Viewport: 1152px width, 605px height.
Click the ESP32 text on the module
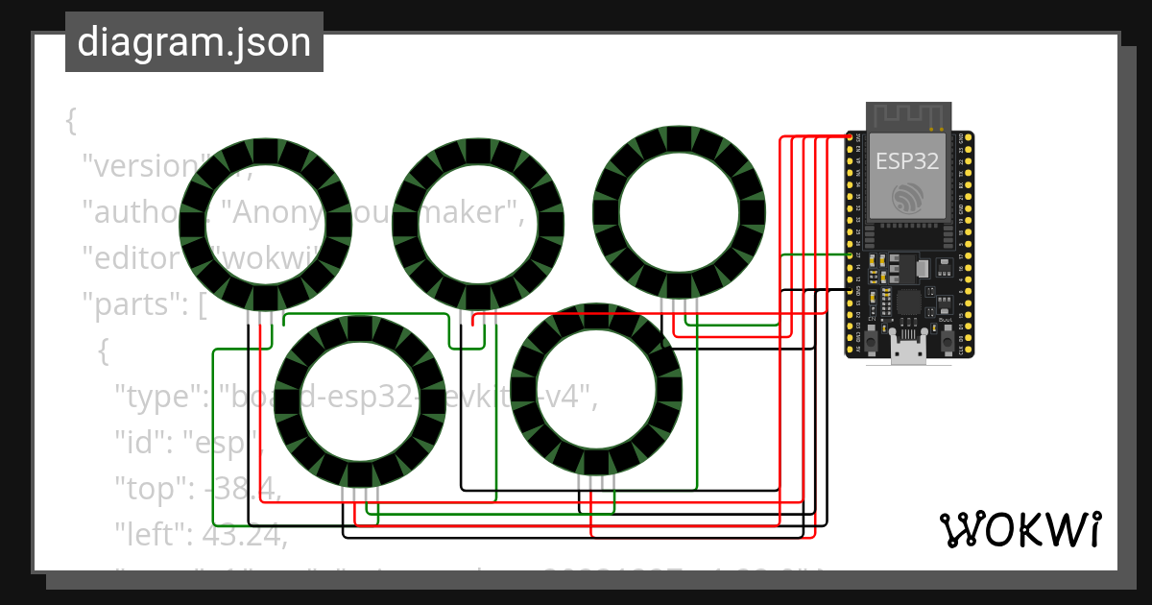point(906,160)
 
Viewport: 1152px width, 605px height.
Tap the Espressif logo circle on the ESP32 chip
point(906,198)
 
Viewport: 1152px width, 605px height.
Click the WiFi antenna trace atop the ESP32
point(907,117)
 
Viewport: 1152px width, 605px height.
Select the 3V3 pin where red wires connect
point(851,138)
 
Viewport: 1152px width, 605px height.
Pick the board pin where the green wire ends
point(851,254)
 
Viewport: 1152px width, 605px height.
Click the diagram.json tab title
point(194,42)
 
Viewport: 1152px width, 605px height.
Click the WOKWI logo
point(1019,529)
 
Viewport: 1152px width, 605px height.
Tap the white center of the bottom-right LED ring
point(596,389)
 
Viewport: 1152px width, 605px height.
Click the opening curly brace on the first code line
point(70,121)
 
